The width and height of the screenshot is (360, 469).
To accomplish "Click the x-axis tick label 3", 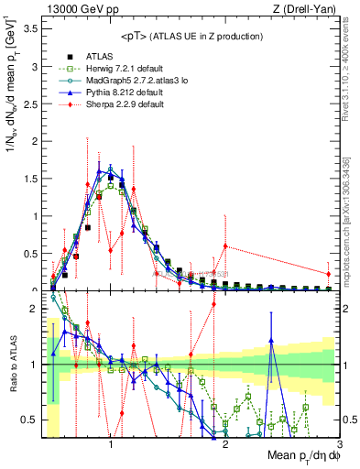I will pos(340,443).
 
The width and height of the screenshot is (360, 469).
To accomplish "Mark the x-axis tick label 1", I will pos(111,443).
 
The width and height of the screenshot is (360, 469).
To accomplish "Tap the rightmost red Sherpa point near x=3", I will pos(328,274).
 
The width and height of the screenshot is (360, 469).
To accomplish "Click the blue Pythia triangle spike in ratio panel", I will pos(271,341).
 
